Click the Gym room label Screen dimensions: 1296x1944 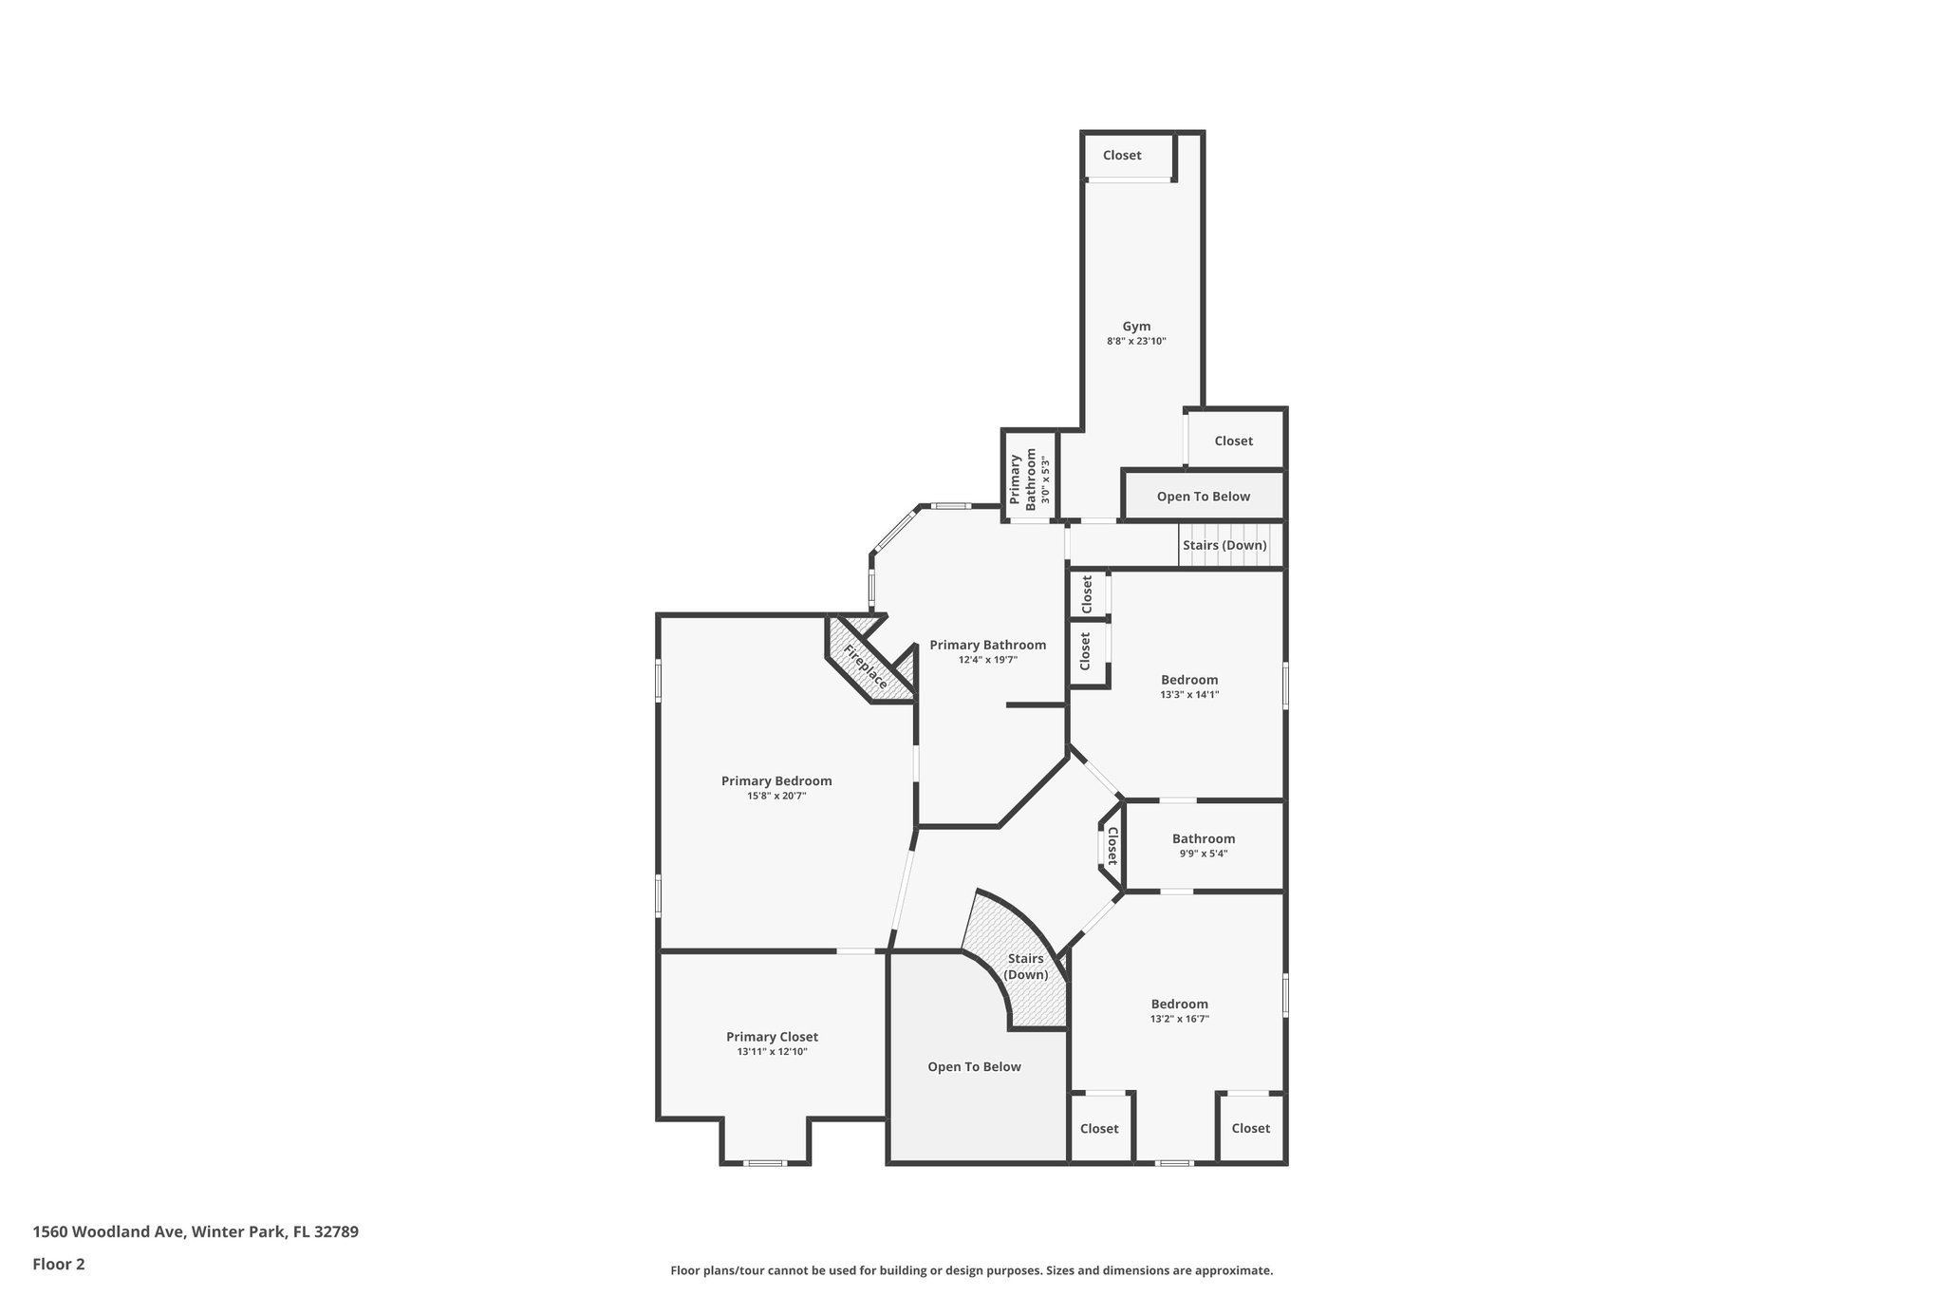tap(1135, 327)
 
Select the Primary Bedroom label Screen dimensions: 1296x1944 tap(776, 781)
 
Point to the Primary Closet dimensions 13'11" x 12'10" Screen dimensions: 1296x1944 tap(772, 1052)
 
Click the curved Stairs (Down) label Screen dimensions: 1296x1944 tap(1026, 967)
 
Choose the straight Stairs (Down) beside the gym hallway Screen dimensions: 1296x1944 tap(1224, 546)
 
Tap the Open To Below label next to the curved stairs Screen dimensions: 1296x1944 tap(974, 1067)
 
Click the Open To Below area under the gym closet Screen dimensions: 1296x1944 tap(1203, 497)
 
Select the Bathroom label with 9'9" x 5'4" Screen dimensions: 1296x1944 tap(1203, 839)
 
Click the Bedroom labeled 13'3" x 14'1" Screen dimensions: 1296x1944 tap(1188, 680)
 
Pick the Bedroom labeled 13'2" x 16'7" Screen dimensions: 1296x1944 tap(1179, 1005)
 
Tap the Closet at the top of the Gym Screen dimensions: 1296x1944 tap(1122, 156)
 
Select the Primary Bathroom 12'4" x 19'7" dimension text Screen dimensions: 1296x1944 tap(987, 660)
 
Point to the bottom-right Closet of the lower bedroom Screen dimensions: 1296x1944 tap(1250, 1129)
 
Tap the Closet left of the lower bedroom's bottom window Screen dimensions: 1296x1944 tap(1099, 1129)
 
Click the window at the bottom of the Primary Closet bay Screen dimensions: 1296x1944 tap(764, 1163)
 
